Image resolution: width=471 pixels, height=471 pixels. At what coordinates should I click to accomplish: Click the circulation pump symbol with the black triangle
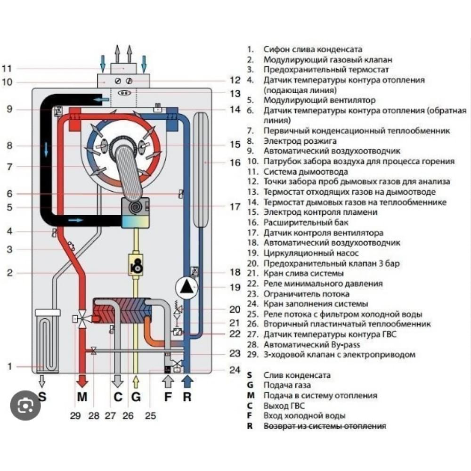tap(187, 287)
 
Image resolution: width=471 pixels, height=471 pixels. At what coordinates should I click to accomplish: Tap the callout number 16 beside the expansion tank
tap(235, 163)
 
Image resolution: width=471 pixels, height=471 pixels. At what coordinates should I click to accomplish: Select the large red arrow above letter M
tap(82, 379)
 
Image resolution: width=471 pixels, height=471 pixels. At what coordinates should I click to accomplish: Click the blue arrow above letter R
tap(187, 379)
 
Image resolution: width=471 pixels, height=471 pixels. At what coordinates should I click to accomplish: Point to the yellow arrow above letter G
tap(136, 380)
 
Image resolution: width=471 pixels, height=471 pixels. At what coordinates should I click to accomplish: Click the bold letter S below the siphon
tap(42, 397)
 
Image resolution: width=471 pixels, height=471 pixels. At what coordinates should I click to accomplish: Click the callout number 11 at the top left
tap(6, 68)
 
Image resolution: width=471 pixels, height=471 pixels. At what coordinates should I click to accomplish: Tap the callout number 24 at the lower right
tap(235, 370)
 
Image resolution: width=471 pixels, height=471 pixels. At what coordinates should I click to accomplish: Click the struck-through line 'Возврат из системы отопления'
tap(325, 426)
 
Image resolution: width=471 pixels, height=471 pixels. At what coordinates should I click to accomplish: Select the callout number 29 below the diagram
tap(75, 415)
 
